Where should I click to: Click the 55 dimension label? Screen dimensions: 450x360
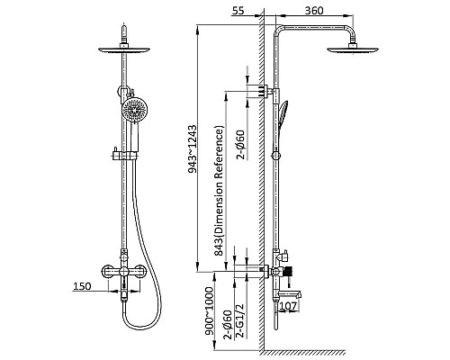(x=238, y=11)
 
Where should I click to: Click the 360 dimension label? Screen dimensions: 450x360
(x=314, y=11)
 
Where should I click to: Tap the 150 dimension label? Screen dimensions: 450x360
(x=82, y=286)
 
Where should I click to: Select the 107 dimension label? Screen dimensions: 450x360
(x=289, y=306)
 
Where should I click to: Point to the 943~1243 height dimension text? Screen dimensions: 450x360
(x=193, y=149)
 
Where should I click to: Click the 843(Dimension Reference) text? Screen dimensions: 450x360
(x=219, y=191)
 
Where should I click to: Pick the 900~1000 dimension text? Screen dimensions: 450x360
(x=209, y=311)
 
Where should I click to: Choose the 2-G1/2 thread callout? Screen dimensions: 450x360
(x=240, y=320)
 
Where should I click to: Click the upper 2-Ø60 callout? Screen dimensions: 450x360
(x=240, y=144)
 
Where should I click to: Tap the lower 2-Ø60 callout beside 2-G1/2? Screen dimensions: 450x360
(x=228, y=325)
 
